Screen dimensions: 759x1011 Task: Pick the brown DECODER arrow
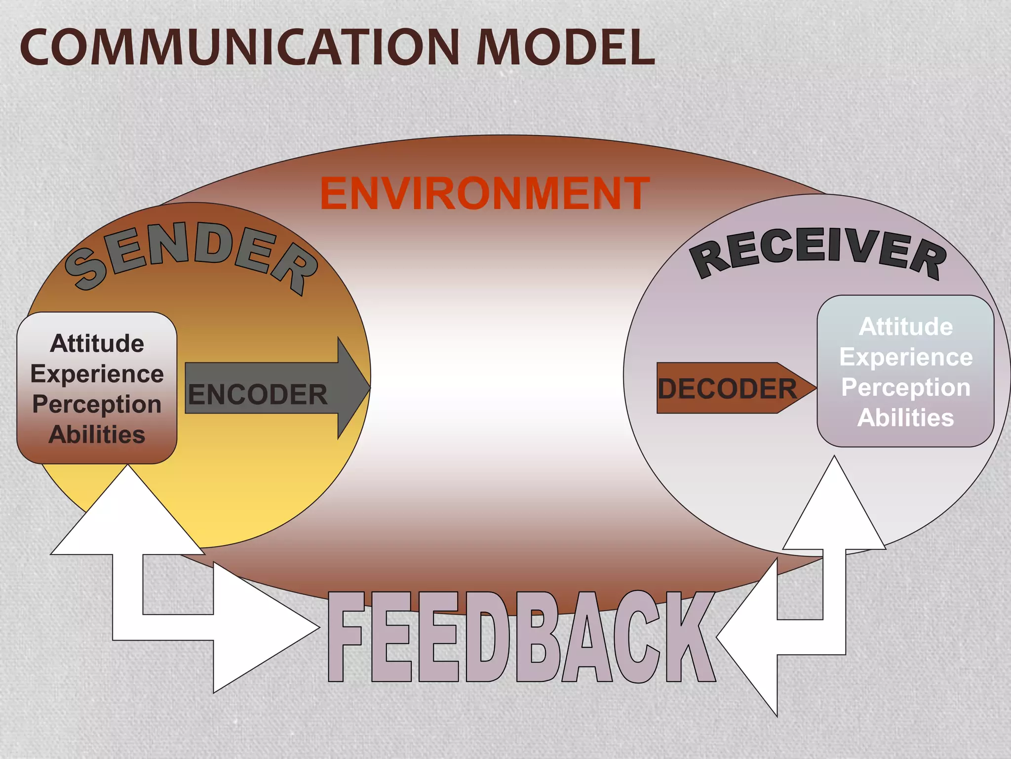(731, 388)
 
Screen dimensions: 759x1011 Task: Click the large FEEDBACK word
(521, 637)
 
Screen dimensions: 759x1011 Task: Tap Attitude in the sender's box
(97, 343)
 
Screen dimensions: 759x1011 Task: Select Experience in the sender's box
(97, 374)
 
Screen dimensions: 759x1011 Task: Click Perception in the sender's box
(97, 404)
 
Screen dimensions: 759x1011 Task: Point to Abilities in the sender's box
(97, 435)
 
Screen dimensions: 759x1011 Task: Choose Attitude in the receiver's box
(906, 327)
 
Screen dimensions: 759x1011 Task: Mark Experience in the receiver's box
(906, 357)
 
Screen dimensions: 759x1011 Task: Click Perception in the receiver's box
(906, 387)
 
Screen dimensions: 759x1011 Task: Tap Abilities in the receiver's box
(906, 418)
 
